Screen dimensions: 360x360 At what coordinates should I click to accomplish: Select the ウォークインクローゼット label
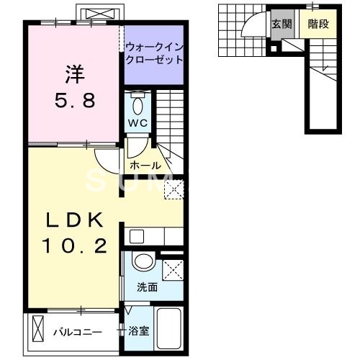pyautogui.click(x=154, y=54)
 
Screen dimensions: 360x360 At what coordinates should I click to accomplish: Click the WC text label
pyautogui.click(x=138, y=122)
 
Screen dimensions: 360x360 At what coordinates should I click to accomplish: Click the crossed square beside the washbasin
pyautogui.click(x=172, y=270)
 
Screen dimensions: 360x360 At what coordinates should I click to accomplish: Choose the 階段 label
pyautogui.click(x=318, y=24)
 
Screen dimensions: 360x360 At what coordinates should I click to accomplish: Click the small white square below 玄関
pyautogui.click(x=274, y=49)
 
